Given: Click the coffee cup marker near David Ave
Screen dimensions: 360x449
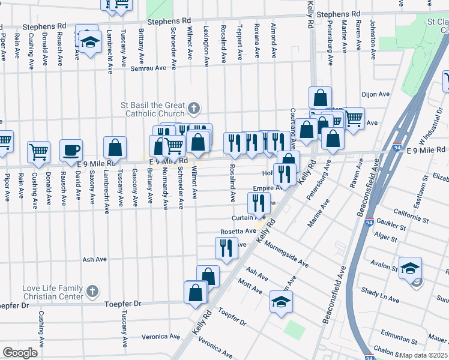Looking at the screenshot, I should coord(71,150).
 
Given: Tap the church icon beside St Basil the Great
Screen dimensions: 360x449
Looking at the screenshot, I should coord(193,108).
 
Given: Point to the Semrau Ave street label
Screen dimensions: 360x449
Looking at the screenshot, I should coord(148,68).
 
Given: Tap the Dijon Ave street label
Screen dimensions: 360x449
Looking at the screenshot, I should coord(376,94).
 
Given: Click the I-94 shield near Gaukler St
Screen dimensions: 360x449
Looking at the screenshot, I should coord(369,222).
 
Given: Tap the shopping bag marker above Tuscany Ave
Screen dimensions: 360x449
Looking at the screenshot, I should coord(115,147).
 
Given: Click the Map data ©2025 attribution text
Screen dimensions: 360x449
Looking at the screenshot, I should coord(424,355).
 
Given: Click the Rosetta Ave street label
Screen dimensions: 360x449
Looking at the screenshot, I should coord(238,231).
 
